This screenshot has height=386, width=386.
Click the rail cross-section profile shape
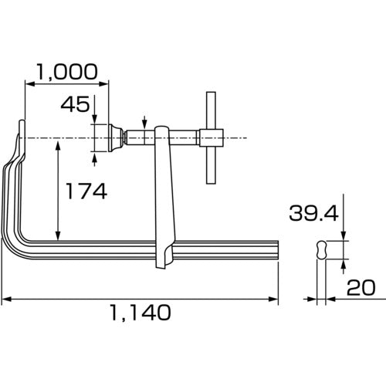pyautogui.click(x=322, y=249)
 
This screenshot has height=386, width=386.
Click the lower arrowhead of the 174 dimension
pyautogui.click(x=58, y=235)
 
